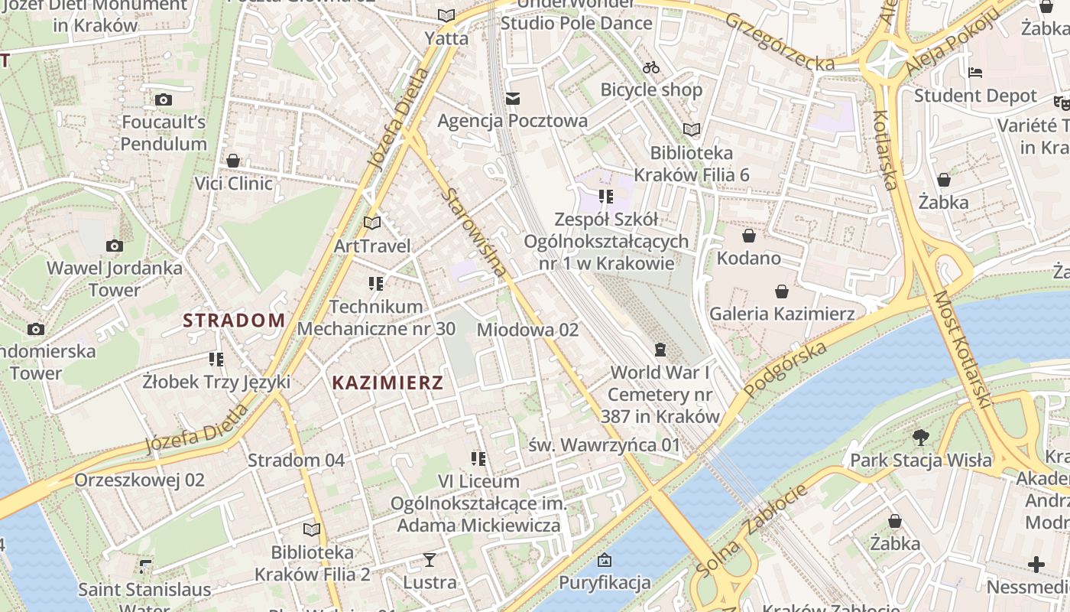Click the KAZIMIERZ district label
[387, 383]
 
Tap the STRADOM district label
[234, 321]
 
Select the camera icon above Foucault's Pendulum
[163, 99]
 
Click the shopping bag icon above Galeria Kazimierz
[781, 291]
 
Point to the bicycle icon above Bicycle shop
[651, 67]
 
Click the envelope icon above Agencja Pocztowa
[512, 98]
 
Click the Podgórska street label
[785, 370]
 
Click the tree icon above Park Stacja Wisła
[921, 438]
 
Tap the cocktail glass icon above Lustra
[430, 560]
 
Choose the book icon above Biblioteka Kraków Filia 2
[312, 529]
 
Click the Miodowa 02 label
[527, 330]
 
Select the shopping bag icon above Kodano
[749, 236]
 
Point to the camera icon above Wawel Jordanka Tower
[115, 246]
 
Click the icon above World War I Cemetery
[660, 350]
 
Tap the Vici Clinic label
[233, 184]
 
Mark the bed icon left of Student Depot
[975, 73]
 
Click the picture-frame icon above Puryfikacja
[605, 560]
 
